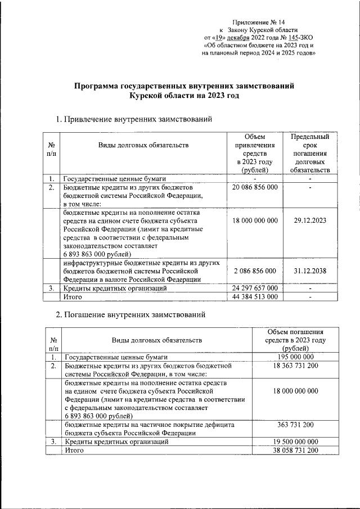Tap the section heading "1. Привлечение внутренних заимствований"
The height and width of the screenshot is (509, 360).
pos(133,119)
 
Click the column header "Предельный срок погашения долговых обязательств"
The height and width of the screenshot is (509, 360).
pos(310,153)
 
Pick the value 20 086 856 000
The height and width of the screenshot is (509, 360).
pos(255,187)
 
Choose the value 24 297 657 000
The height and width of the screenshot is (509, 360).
pos(255,288)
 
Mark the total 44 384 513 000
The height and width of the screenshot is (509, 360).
pos(255,296)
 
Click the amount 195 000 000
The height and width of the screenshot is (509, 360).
pos(295,357)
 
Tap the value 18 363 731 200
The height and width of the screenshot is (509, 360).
pos(295,366)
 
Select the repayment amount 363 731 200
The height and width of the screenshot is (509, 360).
pos(295,425)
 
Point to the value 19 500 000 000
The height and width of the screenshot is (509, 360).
pos(295,442)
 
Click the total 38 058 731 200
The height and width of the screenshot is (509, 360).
pos(295,451)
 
